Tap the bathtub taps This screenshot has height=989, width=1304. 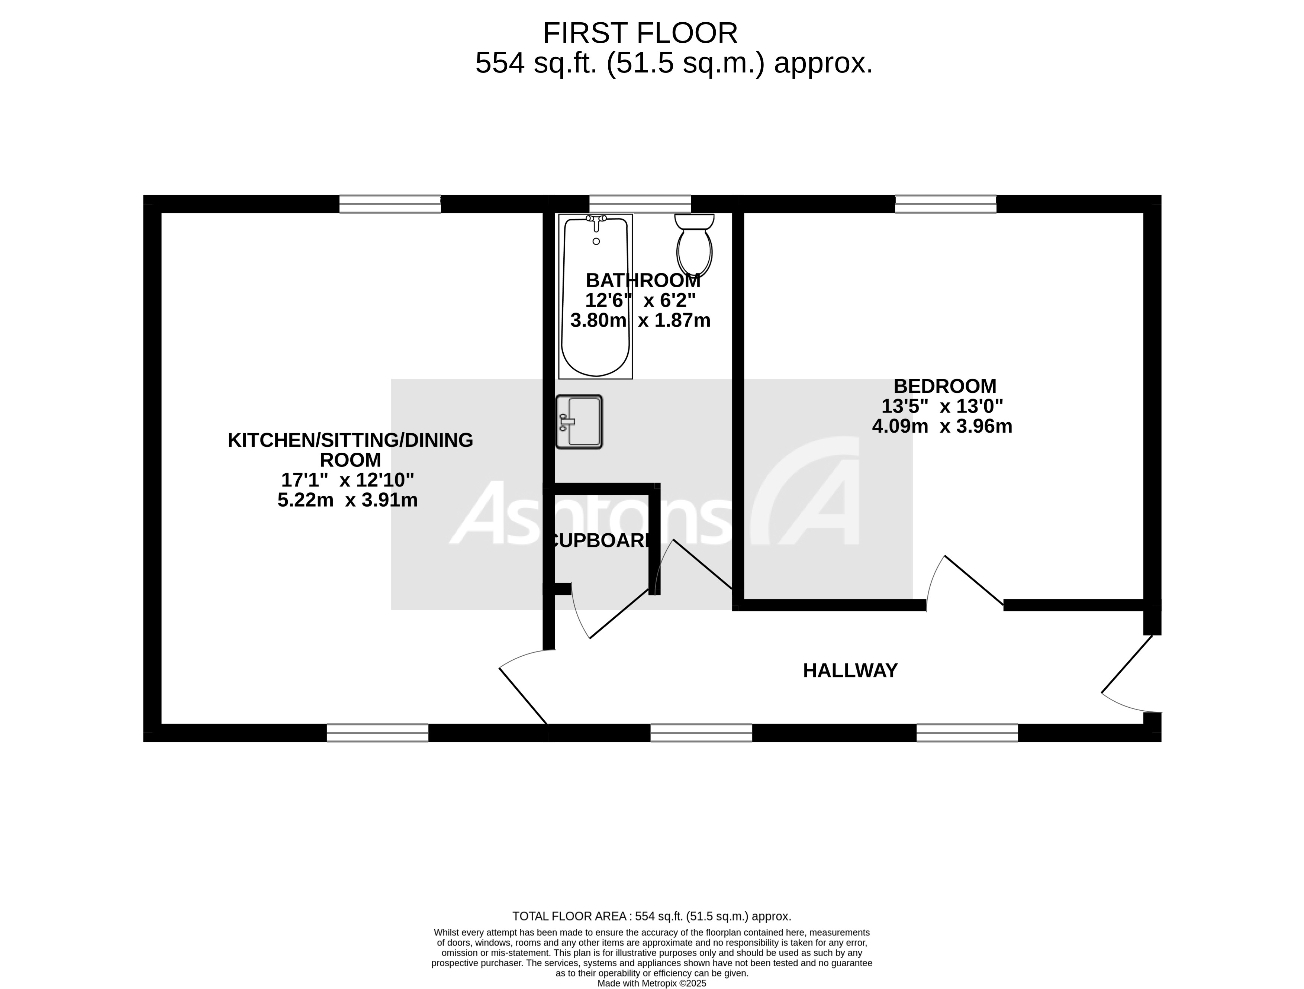[x=596, y=220]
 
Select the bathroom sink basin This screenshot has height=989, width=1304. [x=579, y=422]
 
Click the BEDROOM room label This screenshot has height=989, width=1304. [x=944, y=386]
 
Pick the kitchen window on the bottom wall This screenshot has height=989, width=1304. [x=377, y=733]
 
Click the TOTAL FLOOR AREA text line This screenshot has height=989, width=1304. [x=651, y=917]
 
